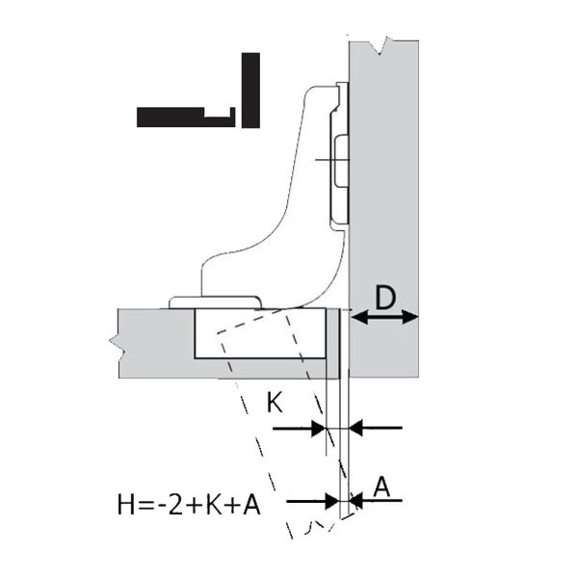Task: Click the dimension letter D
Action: coord(384,298)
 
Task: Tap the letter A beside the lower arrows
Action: coord(381,486)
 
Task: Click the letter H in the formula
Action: coord(126,505)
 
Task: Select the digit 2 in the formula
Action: coord(175,505)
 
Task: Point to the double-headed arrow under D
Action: coord(384,317)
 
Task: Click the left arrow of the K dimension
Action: coord(299,429)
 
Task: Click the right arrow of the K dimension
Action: coord(376,428)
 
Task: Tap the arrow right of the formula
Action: coord(312,501)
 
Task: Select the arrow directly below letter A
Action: coord(376,501)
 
